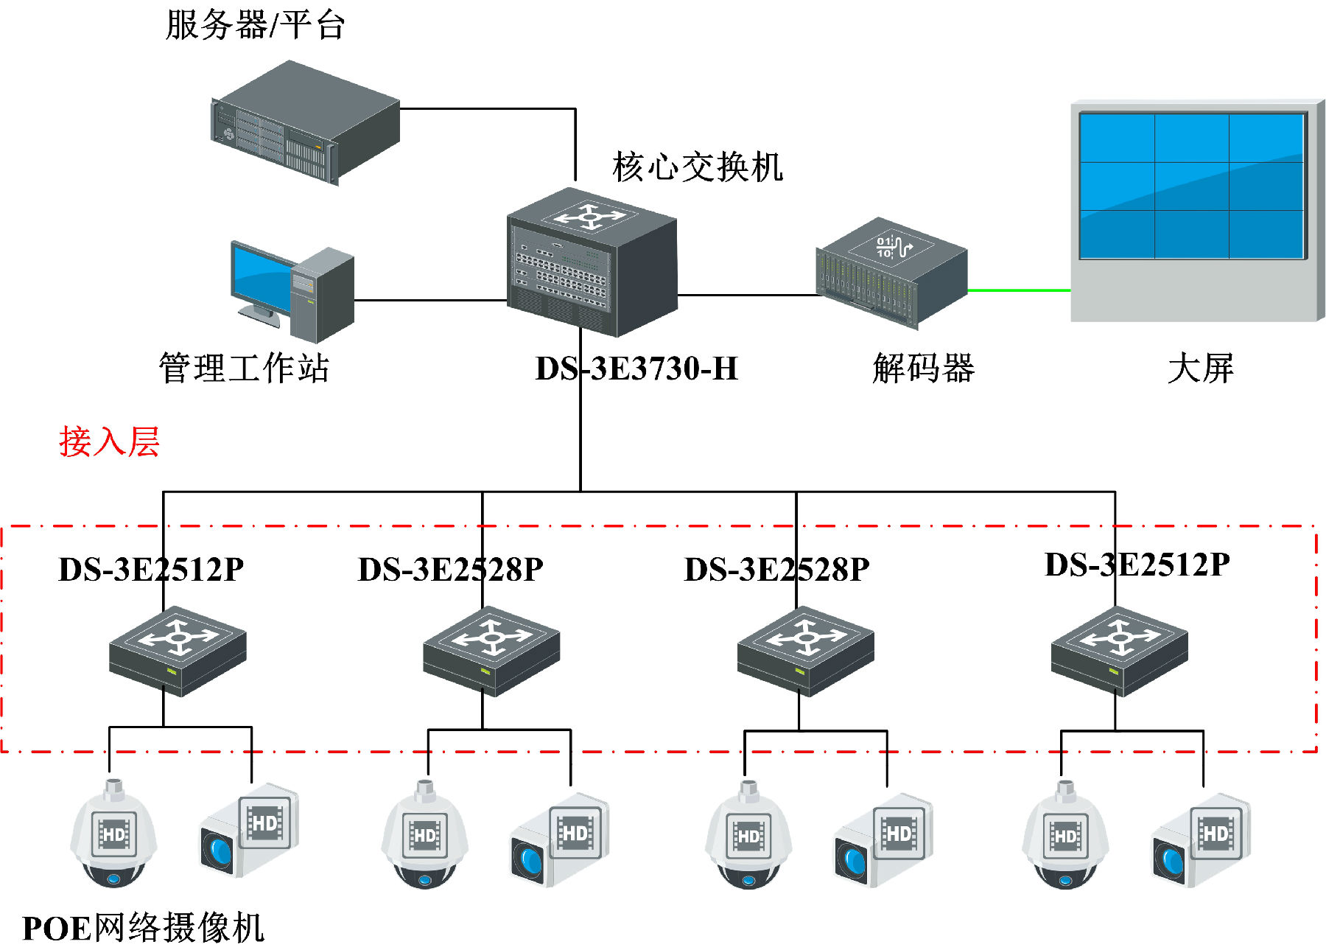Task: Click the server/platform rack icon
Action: [x=306, y=122]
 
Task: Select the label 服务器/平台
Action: [x=255, y=25]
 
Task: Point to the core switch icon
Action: [x=592, y=262]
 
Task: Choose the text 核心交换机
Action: [x=697, y=167]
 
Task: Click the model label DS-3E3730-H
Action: [x=636, y=369]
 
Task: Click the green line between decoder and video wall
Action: [x=1019, y=290]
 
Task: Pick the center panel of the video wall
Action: [x=1191, y=186]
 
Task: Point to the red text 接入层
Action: [x=109, y=442]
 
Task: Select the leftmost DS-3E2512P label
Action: [x=151, y=570]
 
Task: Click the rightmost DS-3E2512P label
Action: [x=1137, y=565]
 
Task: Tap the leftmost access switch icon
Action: [x=178, y=651]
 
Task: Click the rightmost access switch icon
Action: [x=1119, y=651]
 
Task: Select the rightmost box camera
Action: [x=1201, y=840]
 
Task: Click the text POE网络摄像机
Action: [x=144, y=928]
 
